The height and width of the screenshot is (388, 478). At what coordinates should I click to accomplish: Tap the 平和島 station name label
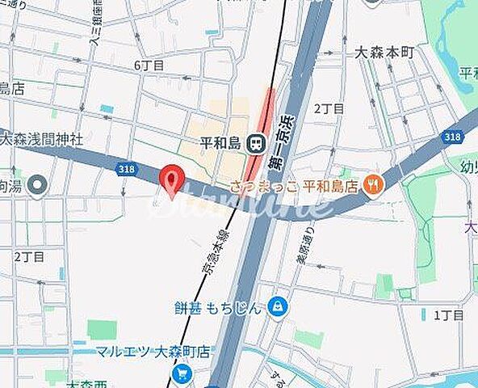coord(222,143)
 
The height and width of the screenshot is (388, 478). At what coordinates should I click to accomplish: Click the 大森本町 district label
coord(384,53)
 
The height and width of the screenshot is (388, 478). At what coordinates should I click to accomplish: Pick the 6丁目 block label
coord(149,65)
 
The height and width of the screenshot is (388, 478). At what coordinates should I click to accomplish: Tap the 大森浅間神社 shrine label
coord(41,139)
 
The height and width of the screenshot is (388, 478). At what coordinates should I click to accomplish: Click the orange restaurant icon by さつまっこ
coord(372,186)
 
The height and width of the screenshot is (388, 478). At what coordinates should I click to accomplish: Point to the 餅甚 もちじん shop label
coord(218,307)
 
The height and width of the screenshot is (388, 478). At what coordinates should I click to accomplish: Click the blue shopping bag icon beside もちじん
coord(278,306)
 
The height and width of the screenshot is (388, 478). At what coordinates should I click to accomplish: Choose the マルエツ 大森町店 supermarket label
coord(153,352)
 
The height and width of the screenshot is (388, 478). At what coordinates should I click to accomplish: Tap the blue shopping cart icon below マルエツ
coord(182,373)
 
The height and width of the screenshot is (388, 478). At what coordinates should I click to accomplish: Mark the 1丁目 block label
coord(447,315)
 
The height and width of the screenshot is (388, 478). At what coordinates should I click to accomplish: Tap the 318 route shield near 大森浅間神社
coord(125,169)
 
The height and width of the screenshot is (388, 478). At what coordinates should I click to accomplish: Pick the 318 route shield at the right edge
coord(452,137)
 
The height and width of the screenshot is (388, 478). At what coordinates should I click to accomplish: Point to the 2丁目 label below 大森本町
coord(329,108)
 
